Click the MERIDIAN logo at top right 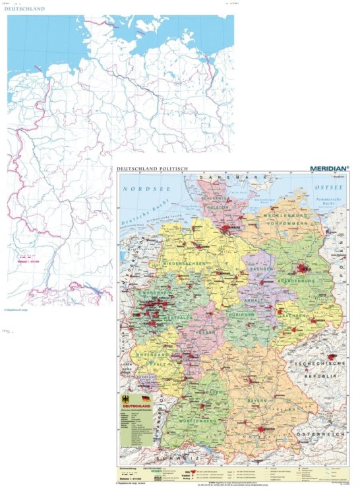pyautogui.click(x=329, y=169)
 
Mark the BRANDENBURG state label pyautogui.click(x=300, y=280)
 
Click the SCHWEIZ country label pyautogui.click(x=169, y=457)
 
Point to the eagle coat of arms pyautogui.click(x=127, y=400)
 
